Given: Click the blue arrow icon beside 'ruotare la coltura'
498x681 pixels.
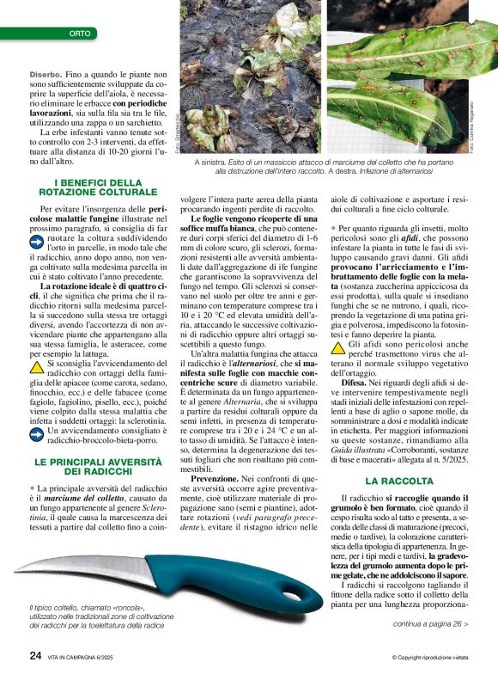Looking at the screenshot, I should point(39,243).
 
